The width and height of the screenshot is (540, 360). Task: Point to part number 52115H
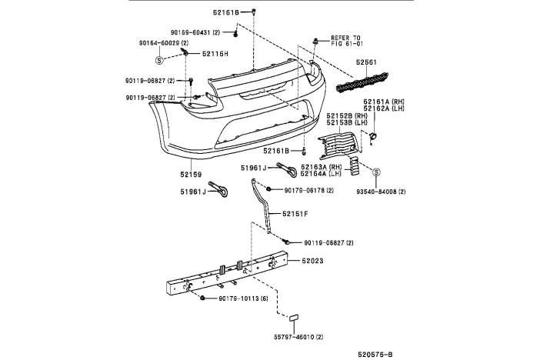(x=215, y=54)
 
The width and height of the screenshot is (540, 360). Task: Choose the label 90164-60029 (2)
(x=164, y=43)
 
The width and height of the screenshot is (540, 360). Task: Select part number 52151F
(x=295, y=213)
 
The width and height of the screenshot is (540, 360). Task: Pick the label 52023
(x=312, y=262)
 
